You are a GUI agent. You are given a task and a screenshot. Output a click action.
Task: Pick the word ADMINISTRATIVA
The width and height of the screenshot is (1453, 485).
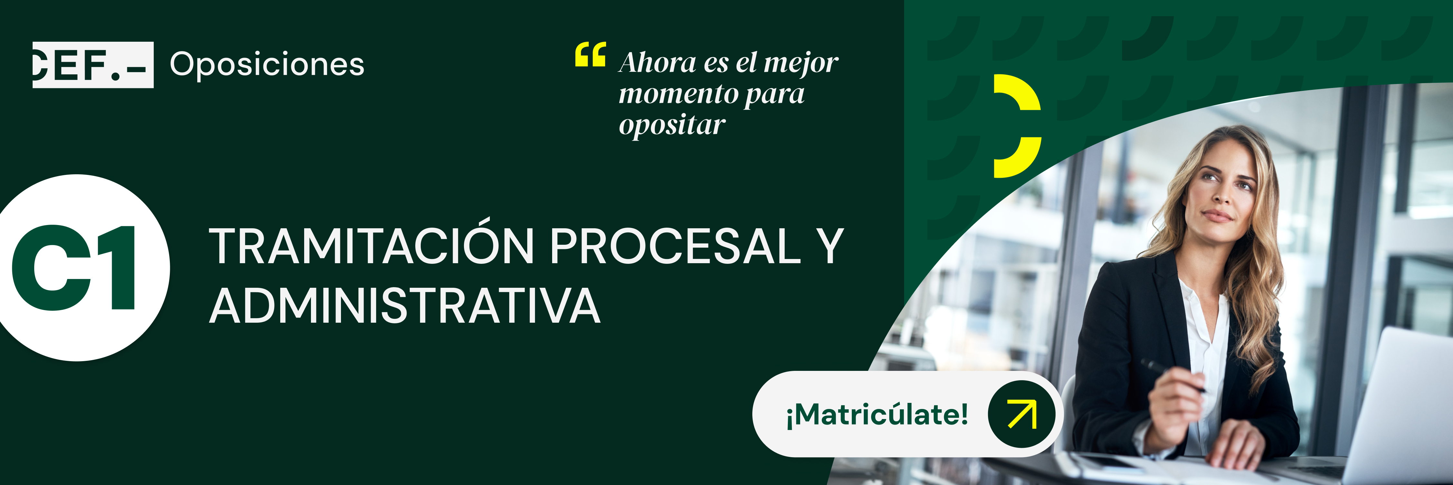[x=405, y=306]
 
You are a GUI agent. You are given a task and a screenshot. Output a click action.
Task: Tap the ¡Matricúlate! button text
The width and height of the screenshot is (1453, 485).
[x=877, y=415]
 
